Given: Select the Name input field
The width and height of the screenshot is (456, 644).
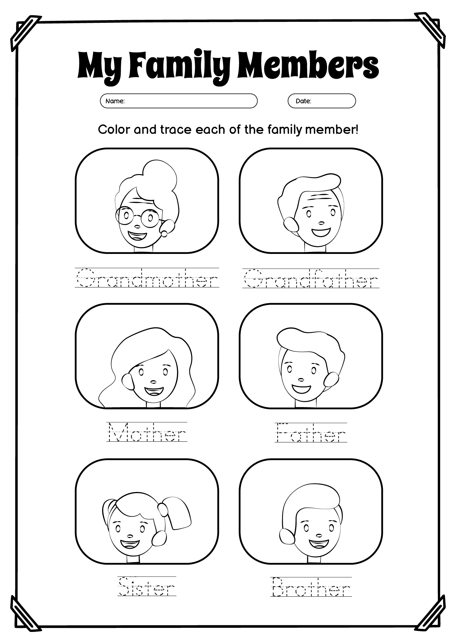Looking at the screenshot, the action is [x=179, y=101].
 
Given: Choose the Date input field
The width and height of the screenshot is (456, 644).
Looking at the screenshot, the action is [x=321, y=101].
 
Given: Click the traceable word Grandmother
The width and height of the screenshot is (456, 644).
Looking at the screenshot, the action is [x=147, y=278].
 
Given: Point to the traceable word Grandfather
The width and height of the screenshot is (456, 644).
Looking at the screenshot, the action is [x=311, y=278].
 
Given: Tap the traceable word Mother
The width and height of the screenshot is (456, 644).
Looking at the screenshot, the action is [x=147, y=432].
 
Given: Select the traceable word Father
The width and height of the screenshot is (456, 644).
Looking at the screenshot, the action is [x=311, y=432].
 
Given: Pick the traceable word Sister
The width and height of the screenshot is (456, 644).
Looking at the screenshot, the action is [x=147, y=586].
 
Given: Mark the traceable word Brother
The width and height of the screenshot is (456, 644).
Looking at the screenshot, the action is [x=311, y=587].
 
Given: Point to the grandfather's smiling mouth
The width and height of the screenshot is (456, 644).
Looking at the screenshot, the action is [x=321, y=232].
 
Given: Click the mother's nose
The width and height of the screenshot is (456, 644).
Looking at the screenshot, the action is [x=153, y=381].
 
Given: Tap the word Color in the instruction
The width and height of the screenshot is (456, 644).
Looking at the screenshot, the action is [x=114, y=129].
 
